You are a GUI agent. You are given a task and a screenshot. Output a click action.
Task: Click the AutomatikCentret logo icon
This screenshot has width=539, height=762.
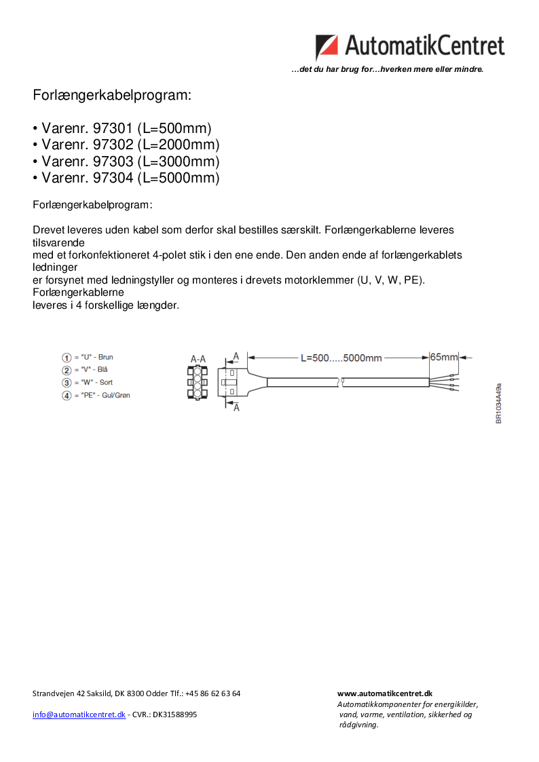pos(327,47)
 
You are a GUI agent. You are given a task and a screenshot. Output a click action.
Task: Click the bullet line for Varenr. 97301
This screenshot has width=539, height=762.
pos(126,129)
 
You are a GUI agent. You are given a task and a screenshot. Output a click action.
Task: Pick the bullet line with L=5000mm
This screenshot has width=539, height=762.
pos(126,178)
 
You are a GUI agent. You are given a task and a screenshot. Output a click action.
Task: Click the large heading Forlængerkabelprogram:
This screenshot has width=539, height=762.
pos(112,96)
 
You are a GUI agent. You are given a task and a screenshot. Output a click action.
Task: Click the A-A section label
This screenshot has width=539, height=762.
pos(198,358)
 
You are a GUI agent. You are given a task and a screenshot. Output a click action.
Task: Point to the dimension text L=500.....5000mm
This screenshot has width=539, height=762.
pos(341,358)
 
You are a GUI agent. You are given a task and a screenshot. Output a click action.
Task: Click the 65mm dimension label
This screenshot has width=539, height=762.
pos(444,357)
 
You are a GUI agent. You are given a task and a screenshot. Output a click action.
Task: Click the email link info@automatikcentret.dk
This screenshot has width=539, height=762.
pos(79,715)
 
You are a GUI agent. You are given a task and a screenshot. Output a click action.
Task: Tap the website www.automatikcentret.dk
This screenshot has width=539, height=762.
pos(385,693)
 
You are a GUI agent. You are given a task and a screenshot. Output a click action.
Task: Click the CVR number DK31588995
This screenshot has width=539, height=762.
pos(174,715)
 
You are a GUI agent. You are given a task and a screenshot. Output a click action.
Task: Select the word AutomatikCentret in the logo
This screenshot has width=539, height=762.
pos(425,46)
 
